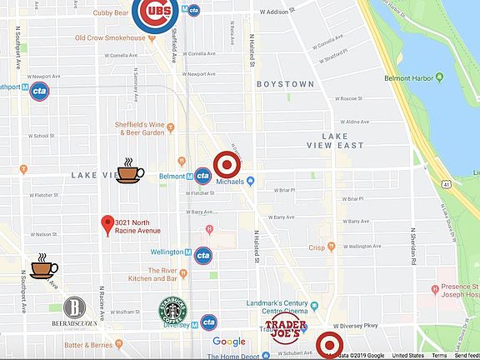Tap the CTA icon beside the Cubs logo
[193, 11]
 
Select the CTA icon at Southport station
[38, 92]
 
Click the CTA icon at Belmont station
[202, 176]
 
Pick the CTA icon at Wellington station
[202, 255]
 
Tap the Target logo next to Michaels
[228, 165]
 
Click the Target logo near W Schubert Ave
[330, 345]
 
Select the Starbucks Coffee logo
[172, 311]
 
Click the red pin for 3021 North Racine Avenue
[107, 224]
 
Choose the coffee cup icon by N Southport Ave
[44, 266]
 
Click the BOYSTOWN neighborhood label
[285, 84]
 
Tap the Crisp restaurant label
[316, 247]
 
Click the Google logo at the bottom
[228, 342]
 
